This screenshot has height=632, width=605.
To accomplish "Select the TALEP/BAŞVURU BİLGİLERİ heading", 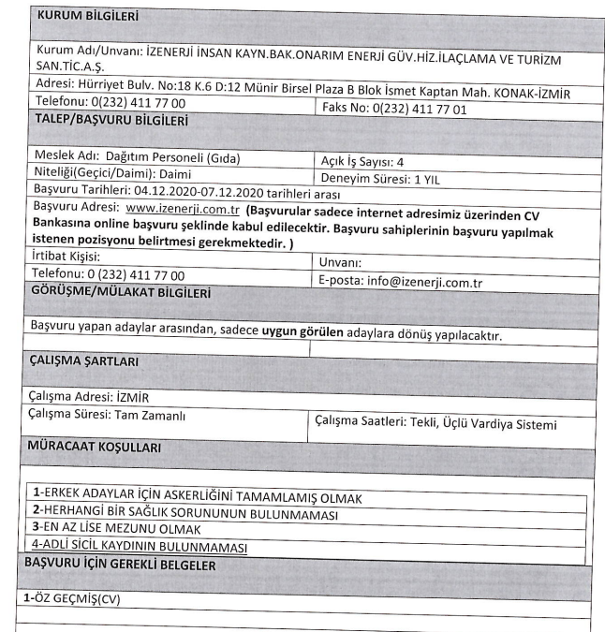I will (x=111, y=121).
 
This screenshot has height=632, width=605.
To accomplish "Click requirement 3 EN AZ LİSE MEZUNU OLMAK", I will (x=127, y=529).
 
